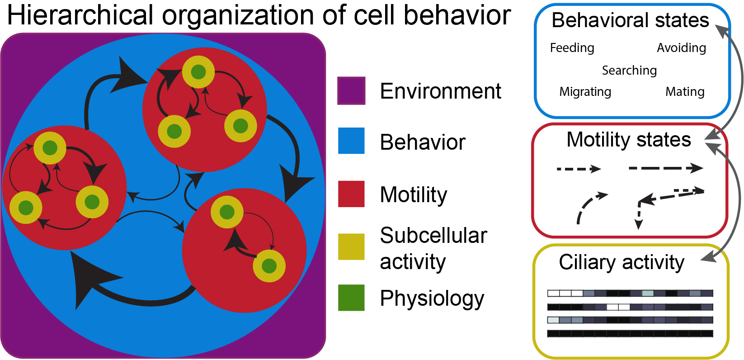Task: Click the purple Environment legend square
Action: (351, 91)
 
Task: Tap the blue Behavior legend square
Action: (351, 141)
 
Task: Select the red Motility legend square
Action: (351, 194)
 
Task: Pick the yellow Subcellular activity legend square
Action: (351, 246)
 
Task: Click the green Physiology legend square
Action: (351, 298)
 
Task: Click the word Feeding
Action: (572, 48)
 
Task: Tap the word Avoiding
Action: (681, 48)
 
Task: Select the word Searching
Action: (629, 71)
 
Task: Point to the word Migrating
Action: (585, 92)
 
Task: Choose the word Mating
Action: (685, 92)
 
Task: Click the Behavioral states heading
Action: (630, 21)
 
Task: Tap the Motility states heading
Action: (629, 140)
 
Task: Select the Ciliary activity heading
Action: (622, 263)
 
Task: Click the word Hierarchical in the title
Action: (80, 15)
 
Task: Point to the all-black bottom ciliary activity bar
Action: (630, 333)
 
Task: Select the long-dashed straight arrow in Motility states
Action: (666, 168)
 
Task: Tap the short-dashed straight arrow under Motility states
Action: (579, 169)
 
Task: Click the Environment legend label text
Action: (440, 91)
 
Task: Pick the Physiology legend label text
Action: (432, 298)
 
